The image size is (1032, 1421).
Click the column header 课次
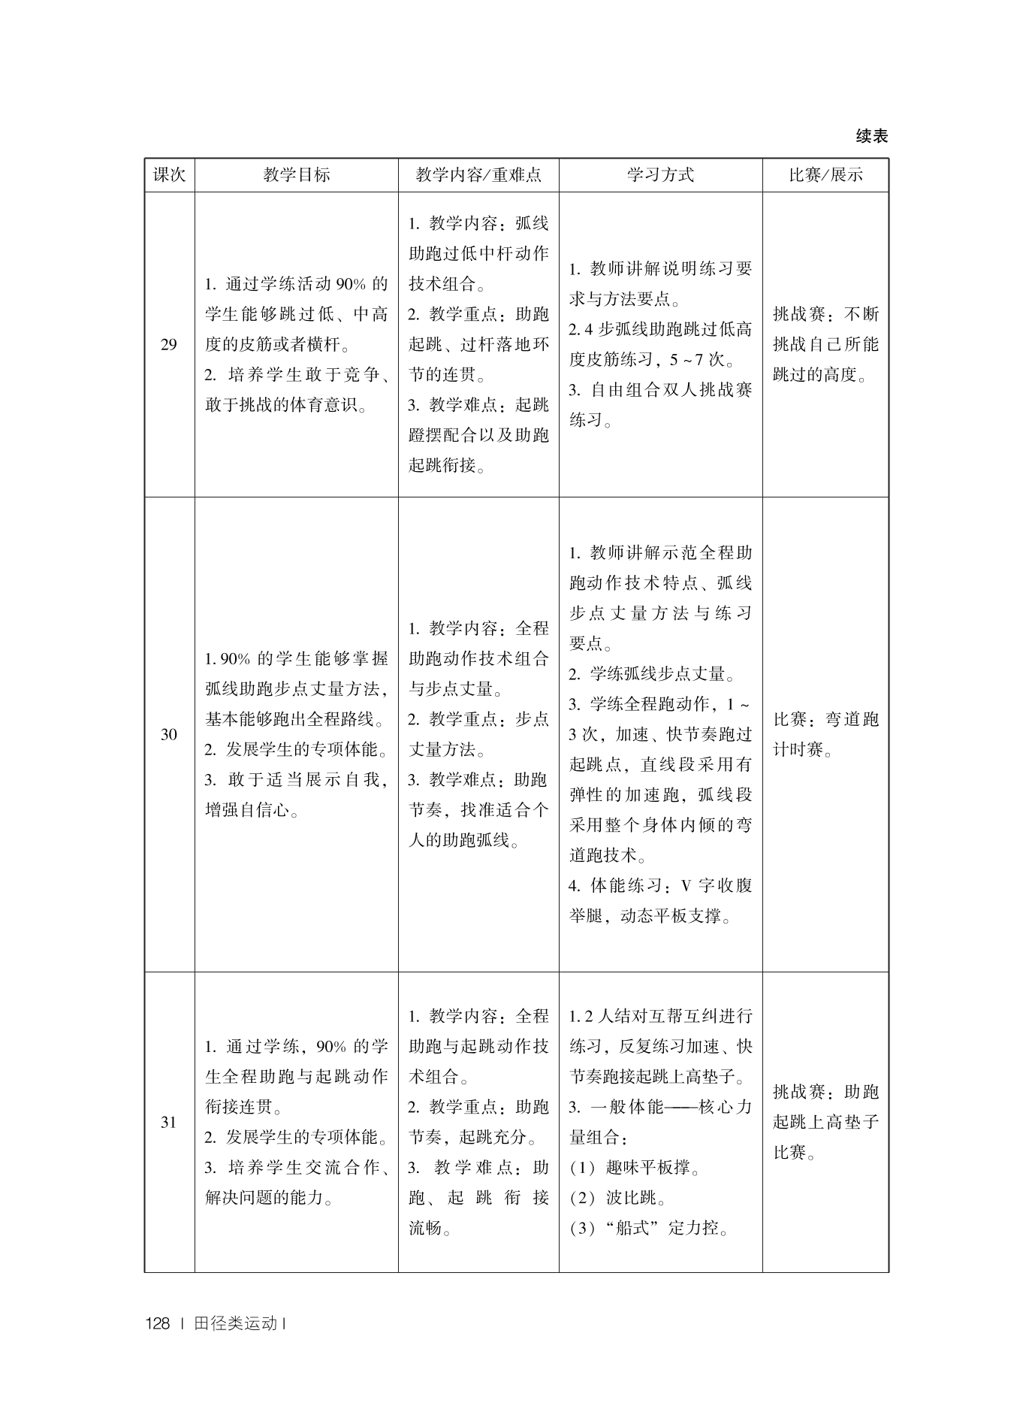[x=169, y=175]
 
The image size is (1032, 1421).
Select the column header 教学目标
[x=296, y=175]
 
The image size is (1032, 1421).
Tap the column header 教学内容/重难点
[x=478, y=175]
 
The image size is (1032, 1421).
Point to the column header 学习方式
[x=660, y=175]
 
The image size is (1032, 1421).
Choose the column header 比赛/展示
[x=825, y=175]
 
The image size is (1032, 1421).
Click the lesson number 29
[x=169, y=345]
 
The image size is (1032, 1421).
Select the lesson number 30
[x=169, y=734]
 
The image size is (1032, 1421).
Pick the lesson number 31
[x=169, y=1122]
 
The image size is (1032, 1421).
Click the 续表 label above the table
[x=871, y=136]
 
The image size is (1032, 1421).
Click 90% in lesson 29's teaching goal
[x=350, y=284]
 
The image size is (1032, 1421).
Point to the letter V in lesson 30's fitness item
[x=685, y=885]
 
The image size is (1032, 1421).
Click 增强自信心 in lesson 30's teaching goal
[x=247, y=811]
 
